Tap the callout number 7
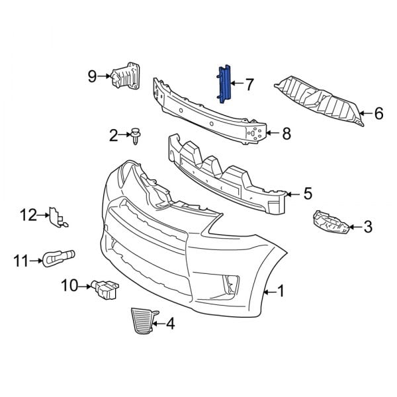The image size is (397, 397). [x=249, y=84]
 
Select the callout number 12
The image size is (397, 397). [x=27, y=214]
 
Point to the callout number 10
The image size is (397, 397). [x=69, y=286]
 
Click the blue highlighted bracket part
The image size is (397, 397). [x=223, y=84]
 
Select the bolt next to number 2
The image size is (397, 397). [x=135, y=136]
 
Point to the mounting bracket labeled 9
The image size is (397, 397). [x=126, y=76]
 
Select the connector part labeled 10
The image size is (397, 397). [x=107, y=290]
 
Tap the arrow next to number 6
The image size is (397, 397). [x=365, y=114]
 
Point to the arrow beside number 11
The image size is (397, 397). [x=38, y=261]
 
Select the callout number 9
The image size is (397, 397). [x=92, y=76]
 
